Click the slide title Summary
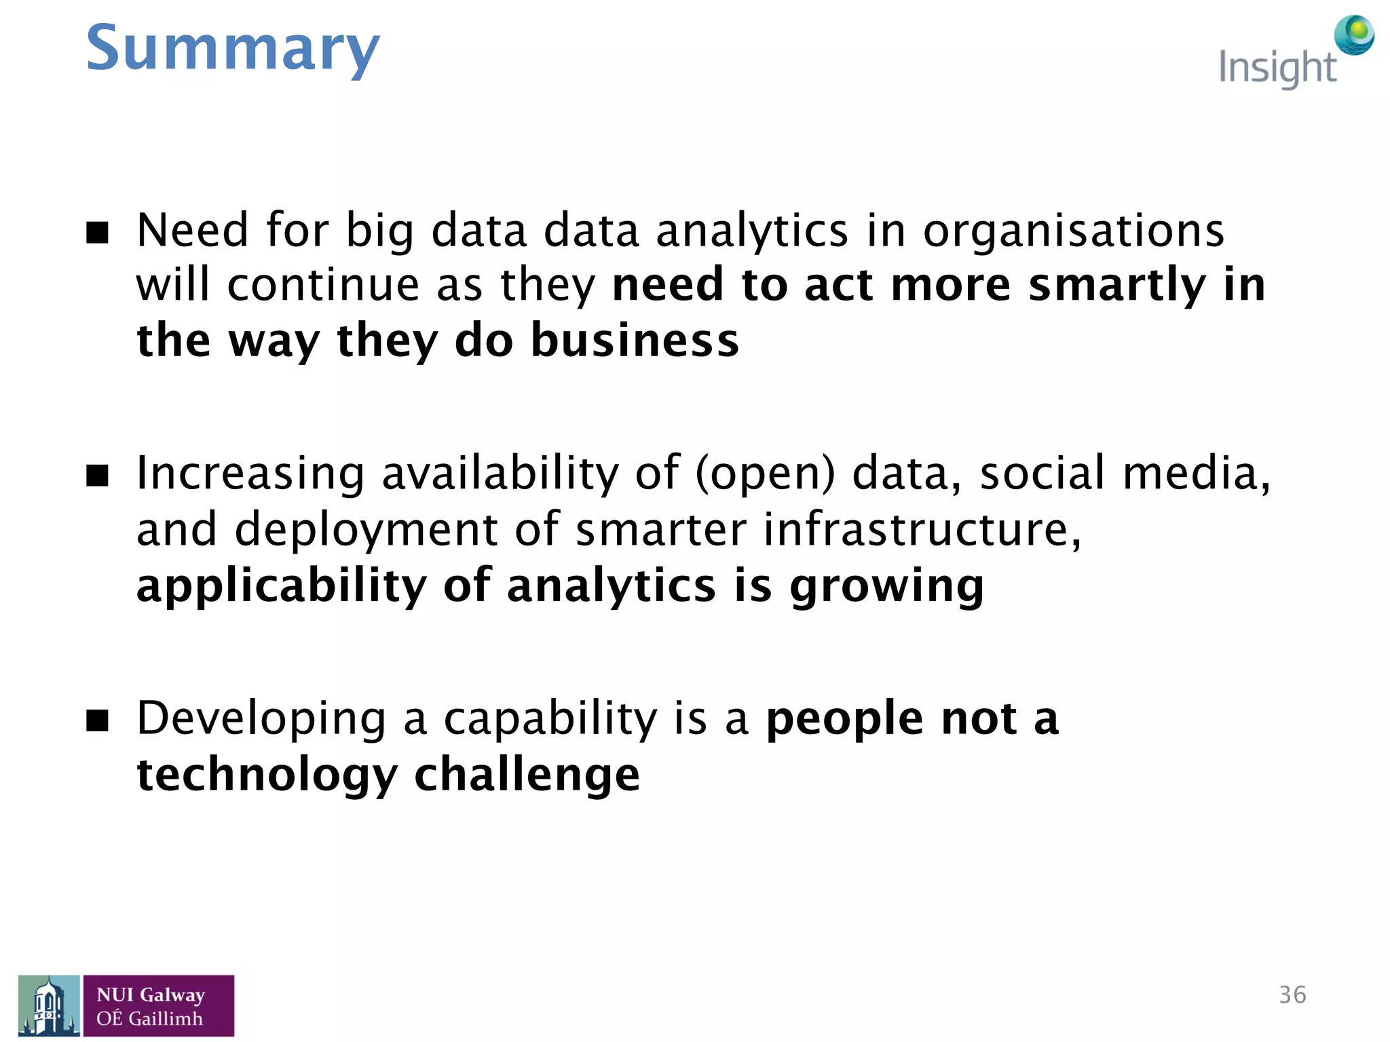tap(232, 49)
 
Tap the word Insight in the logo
tap(1277, 68)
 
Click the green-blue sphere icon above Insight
tap(1353, 35)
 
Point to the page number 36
tap(1292, 995)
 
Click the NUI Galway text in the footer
tap(151, 995)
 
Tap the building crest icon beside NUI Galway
tap(49, 1005)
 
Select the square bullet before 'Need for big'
tap(98, 233)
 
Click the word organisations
tap(1073, 231)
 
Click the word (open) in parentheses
tap(765, 474)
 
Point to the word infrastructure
tap(922, 529)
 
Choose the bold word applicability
tap(281, 586)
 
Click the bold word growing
tap(886, 586)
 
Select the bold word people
tap(844, 718)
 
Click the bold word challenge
tap(527, 774)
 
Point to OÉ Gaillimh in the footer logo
tap(149, 1019)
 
